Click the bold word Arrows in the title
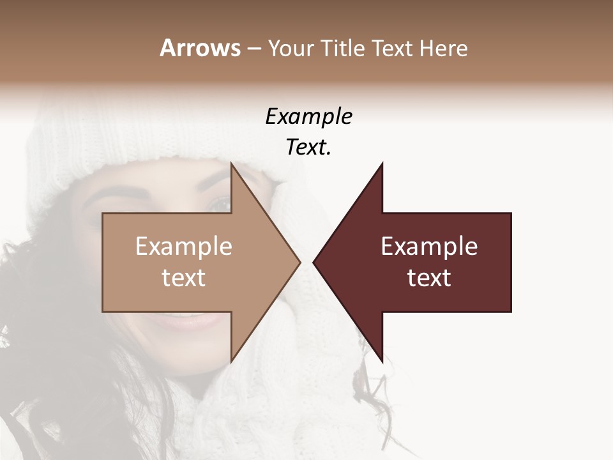coord(200,48)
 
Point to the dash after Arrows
coord(253,49)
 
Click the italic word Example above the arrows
coord(308,116)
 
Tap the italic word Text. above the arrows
coord(308,147)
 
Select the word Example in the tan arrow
coord(184,247)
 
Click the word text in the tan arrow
coord(184,278)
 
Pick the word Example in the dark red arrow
coord(429,247)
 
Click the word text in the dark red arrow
coord(429,278)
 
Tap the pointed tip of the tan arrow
coord(299,262)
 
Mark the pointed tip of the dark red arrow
coord(314,262)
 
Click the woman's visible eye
coord(218,203)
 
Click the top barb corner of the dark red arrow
coord(382,164)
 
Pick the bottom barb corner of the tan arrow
coord(231,362)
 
